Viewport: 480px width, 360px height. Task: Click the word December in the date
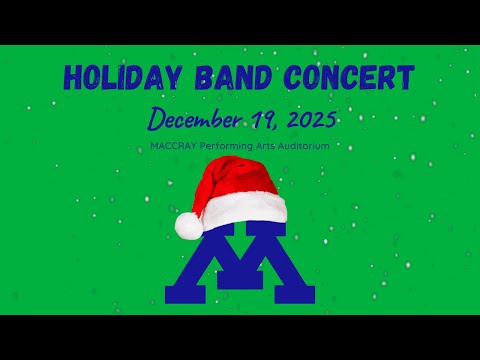coord(189,120)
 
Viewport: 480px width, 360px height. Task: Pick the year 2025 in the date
coord(303,120)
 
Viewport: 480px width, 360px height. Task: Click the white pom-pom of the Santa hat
coord(188,227)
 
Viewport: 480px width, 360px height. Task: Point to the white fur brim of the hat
coord(245,210)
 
